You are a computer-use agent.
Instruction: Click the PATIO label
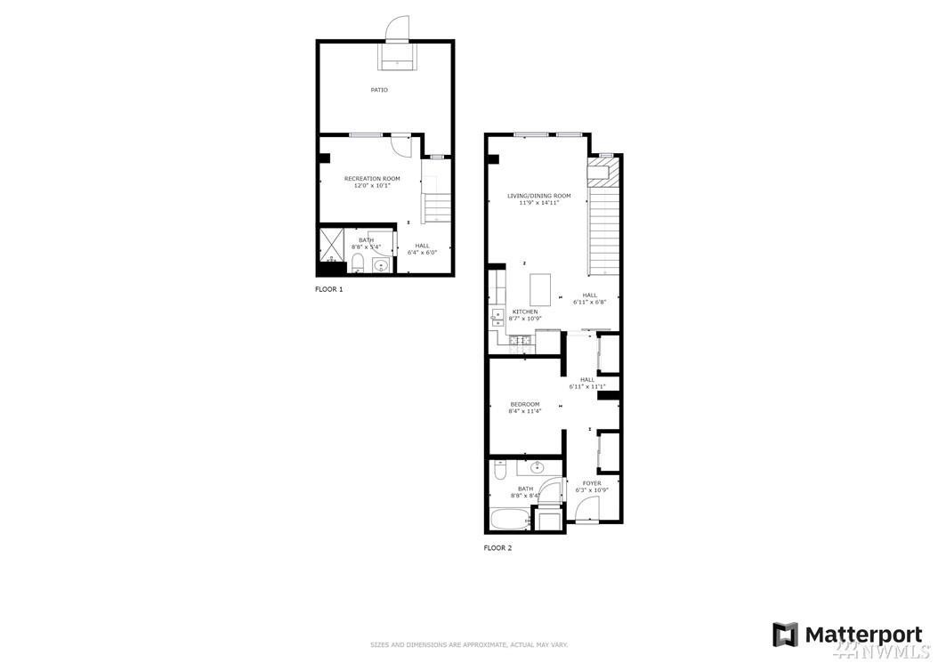[x=379, y=90]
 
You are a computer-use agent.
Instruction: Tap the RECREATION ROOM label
[x=372, y=179]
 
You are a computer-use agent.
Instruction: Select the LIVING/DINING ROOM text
[x=538, y=196]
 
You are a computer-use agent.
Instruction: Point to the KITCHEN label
[x=524, y=311]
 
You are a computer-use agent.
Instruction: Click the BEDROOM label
[x=524, y=404]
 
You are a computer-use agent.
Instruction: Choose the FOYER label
[x=592, y=483]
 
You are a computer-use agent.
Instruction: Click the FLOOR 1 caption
[x=328, y=289]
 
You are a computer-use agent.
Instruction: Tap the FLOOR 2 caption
[x=497, y=548]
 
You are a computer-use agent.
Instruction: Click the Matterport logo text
[x=863, y=635]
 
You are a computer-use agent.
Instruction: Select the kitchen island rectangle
[x=541, y=289]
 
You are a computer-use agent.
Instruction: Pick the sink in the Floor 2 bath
[x=538, y=467]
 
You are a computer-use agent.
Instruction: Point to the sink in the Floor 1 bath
[x=382, y=265]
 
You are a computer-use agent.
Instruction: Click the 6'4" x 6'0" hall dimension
[x=422, y=253]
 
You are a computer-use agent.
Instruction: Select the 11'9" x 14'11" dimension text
[x=538, y=203]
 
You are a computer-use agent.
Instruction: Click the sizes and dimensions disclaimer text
[x=469, y=644]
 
